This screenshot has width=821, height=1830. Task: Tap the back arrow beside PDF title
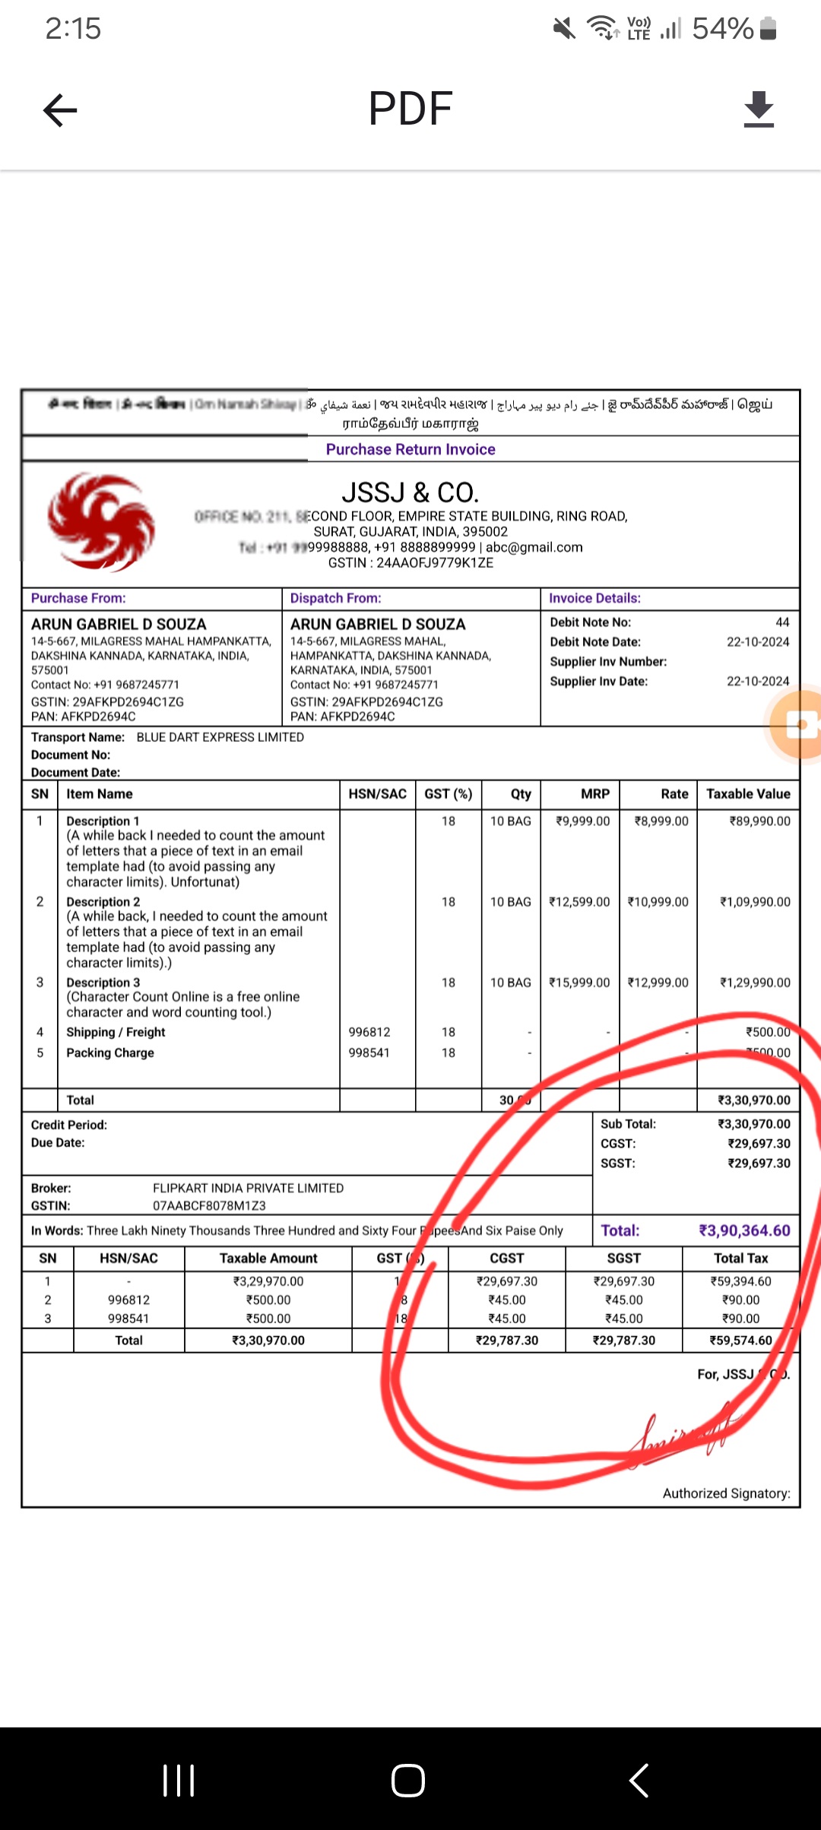(61, 110)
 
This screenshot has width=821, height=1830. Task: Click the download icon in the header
(759, 109)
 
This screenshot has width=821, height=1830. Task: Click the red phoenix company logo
(101, 522)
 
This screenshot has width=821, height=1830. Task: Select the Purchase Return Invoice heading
(410, 449)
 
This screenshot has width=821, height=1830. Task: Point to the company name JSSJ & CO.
(410, 492)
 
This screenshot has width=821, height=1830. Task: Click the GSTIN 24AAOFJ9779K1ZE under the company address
(410, 563)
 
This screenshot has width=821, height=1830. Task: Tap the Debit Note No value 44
(782, 622)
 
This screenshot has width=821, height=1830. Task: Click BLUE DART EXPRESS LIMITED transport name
(220, 737)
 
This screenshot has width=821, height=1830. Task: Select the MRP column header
(595, 794)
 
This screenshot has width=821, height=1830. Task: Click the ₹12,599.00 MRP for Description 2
(579, 902)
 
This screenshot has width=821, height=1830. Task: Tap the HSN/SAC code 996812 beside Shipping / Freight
(369, 1032)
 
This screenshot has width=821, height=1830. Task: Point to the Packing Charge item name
(110, 1053)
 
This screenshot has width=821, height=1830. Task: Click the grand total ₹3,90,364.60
(744, 1230)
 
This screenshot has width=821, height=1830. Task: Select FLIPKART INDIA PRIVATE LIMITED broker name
(249, 1188)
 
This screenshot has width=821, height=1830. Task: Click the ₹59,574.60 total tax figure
(740, 1341)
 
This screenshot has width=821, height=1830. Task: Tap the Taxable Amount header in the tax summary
(268, 1259)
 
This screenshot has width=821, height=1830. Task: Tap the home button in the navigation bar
(408, 1780)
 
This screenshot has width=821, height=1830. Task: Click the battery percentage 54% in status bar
(722, 29)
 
